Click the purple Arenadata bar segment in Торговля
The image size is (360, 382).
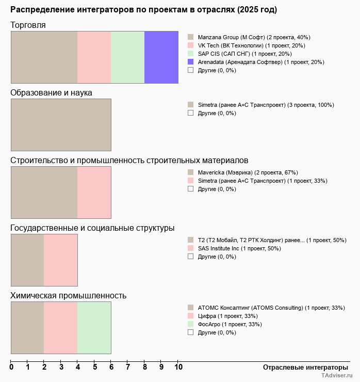click(x=161, y=57)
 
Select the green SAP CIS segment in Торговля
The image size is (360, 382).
click(x=127, y=57)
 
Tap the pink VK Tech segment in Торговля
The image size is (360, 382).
click(x=94, y=57)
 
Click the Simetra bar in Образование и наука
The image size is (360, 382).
click(x=61, y=124)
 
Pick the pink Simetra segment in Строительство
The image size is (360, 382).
click(x=94, y=193)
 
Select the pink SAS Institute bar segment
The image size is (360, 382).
click(x=60, y=260)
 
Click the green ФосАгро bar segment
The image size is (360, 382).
click(x=94, y=328)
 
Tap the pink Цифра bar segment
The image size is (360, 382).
click(x=60, y=328)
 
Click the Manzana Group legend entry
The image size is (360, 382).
click(x=254, y=37)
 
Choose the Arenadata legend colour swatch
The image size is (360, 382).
click(x=190, y=62)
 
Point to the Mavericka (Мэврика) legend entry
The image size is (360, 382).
click(x=248, y=172)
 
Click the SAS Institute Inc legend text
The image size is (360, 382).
click(x=239, y=248)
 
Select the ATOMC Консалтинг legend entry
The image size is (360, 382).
click(x=271, y=308)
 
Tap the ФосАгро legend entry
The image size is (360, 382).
click(x=230, y=324)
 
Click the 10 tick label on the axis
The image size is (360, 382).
click(x=178, y=368)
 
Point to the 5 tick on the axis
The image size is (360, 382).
click(x=95, y=368)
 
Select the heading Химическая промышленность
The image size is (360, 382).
click(x=69, y=296)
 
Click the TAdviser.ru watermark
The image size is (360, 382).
click(x=337, y=377)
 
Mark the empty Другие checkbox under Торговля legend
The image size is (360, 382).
click(x=190, y=70)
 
